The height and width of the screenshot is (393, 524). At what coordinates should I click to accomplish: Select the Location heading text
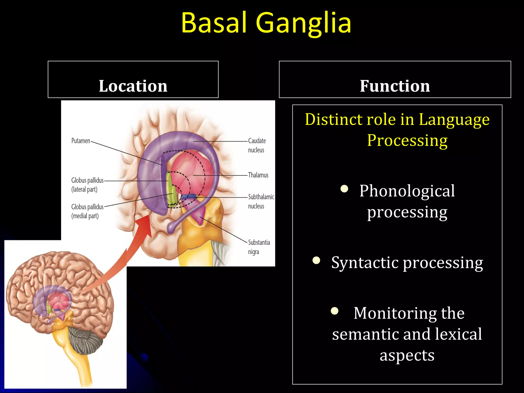tap(133, 86)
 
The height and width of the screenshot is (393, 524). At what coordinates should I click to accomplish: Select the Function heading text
tap(395, 86)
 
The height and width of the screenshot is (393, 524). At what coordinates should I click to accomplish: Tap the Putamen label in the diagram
tap(81, 141)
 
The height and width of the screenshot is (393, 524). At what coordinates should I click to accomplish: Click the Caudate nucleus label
tap(257, 145)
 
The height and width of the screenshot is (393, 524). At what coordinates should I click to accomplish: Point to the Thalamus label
tap(258, 175)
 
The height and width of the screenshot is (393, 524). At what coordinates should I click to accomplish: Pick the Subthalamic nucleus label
tap(260, 201)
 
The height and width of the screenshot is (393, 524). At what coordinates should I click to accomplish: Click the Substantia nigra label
tap(258, 247)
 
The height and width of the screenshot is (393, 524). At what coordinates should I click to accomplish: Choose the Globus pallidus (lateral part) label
tap(87, 185)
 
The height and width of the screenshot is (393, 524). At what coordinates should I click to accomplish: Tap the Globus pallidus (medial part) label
tap(87, 211)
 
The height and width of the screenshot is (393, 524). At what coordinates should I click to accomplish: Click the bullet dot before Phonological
tap(344, 189)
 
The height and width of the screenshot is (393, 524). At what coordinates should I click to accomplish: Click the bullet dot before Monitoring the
tap(335, 311)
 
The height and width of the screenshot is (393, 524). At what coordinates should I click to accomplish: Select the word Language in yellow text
tap(454, 120)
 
